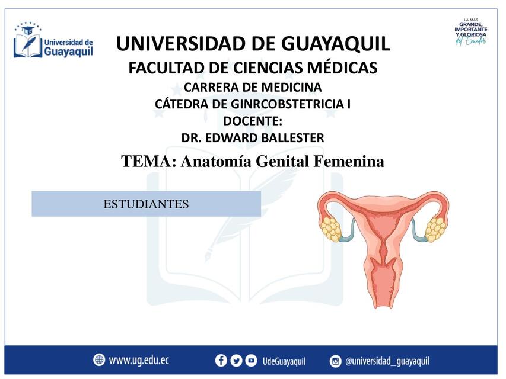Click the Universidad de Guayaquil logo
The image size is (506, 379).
coord(53,43)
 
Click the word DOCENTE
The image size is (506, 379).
coord(252,121)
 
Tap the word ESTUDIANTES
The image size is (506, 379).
coord(146,204)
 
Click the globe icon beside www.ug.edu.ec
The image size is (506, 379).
coord(99,360)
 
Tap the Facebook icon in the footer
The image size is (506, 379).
coord(221,361)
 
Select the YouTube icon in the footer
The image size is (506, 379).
coord(252,361)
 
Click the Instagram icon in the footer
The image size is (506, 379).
coord(336,361)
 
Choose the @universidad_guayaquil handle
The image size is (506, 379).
coord(387,361)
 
